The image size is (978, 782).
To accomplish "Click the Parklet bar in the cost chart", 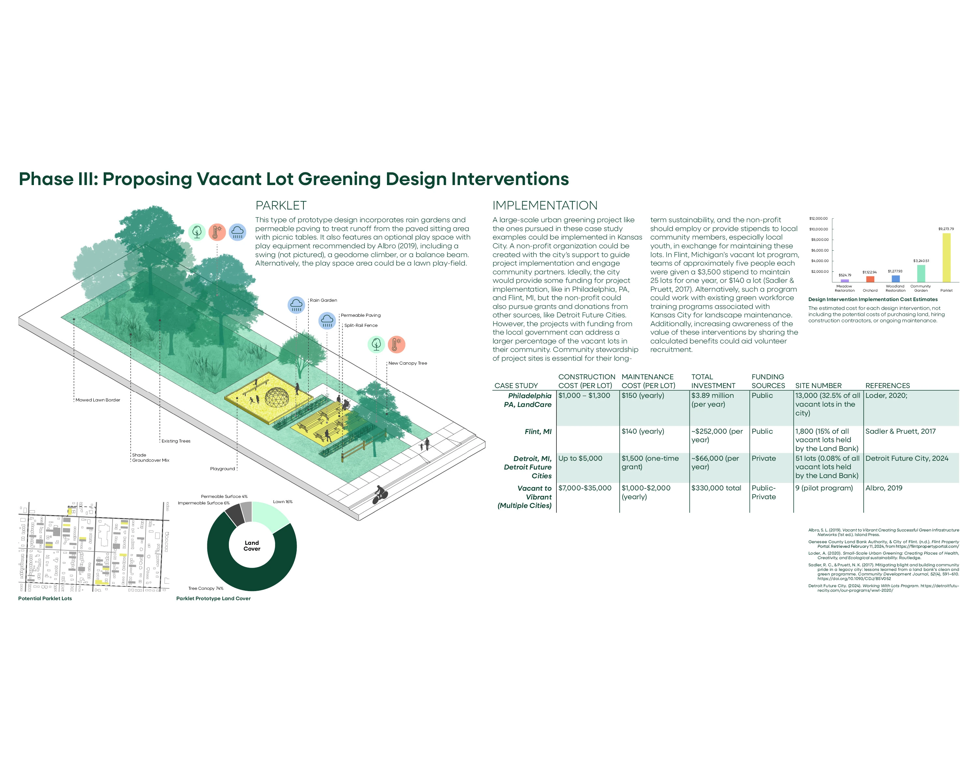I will tap(946, 257).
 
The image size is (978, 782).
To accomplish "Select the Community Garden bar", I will tap(921, 273).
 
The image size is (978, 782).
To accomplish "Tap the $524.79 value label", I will tap(845, 275).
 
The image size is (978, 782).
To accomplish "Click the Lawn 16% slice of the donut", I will tap(269, 516).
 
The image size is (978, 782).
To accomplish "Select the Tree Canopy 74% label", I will tap(206, 588).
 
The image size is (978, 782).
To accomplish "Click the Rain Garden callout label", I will tap(323, 300).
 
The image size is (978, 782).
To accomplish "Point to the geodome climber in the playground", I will tap(276, 397).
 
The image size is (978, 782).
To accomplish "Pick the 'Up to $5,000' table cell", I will tap(580, 458).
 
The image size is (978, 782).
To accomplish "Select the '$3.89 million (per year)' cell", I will tap(712, 400).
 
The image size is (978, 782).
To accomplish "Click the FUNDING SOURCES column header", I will tap(768, 381).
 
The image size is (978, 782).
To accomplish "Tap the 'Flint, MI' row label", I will tap(538, 432).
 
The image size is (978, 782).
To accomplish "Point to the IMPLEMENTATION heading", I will tap(545, 206).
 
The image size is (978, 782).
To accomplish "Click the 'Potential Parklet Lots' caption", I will tap(45, 599).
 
